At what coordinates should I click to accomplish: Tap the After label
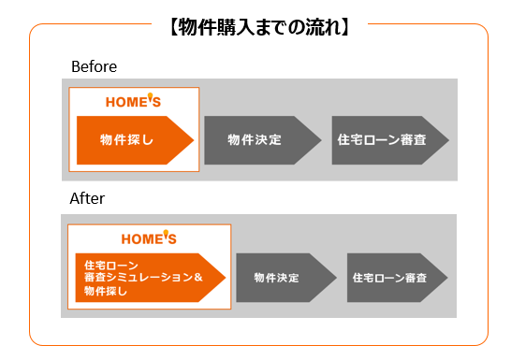87,199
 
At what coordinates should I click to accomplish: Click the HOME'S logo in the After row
149,238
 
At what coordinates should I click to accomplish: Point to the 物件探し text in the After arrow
105,291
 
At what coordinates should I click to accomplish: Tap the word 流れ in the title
327,28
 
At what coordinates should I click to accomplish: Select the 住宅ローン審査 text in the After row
389,278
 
